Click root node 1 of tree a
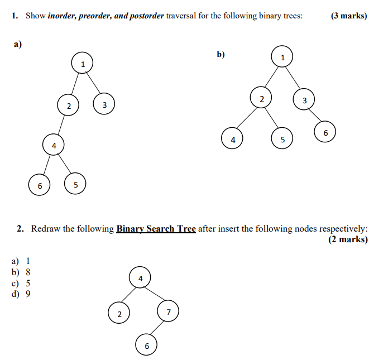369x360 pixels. click(x=82, y=63)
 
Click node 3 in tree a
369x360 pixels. click(x=104, y=104)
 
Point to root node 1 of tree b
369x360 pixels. click(x=282, y=56)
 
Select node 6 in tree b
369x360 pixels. click(x=325, y=132)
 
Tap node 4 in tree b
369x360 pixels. click(x=233, y=138)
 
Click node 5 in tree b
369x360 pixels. click(x=282, y=138)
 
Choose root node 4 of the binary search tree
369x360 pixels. click(x=140, y=277)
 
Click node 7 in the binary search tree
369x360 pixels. click(x=169, y=311)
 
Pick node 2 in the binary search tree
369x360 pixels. click(x=119, y=314)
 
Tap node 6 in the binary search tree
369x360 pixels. click(x=147, y=345)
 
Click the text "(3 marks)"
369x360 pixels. click(x=348, y=16)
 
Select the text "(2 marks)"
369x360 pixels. click(x=348, y=239)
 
